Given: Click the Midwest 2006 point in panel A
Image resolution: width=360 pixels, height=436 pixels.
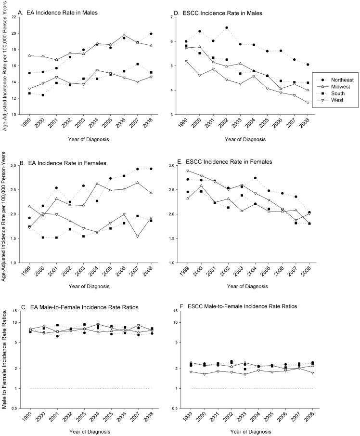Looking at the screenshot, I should pyautogui.click(x=124, y=35).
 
